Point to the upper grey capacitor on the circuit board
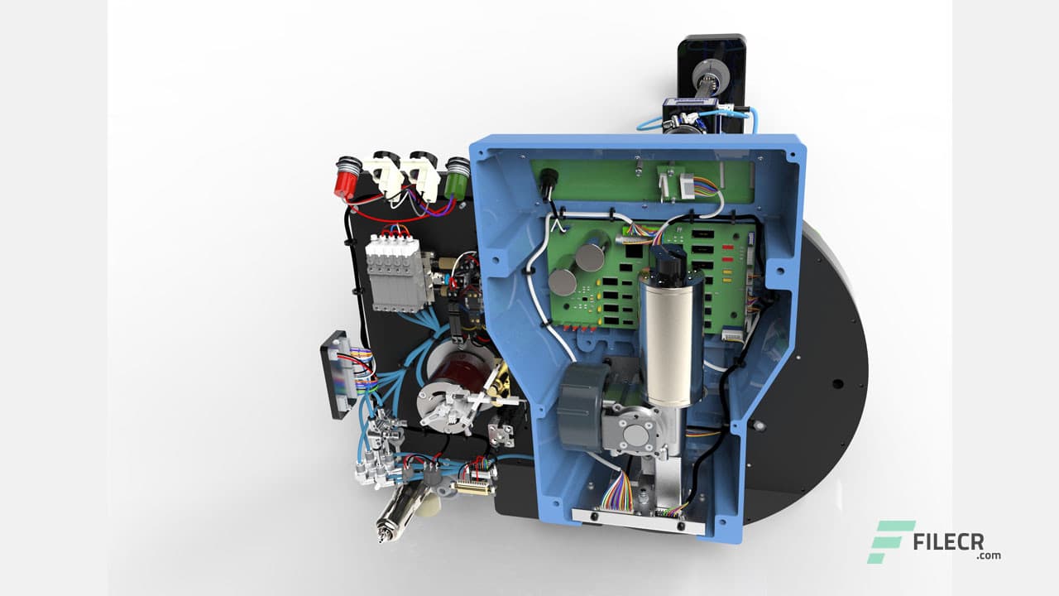[591, 256]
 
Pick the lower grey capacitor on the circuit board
[563, 281]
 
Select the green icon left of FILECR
[889, 541]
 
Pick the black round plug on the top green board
[546, 190]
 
